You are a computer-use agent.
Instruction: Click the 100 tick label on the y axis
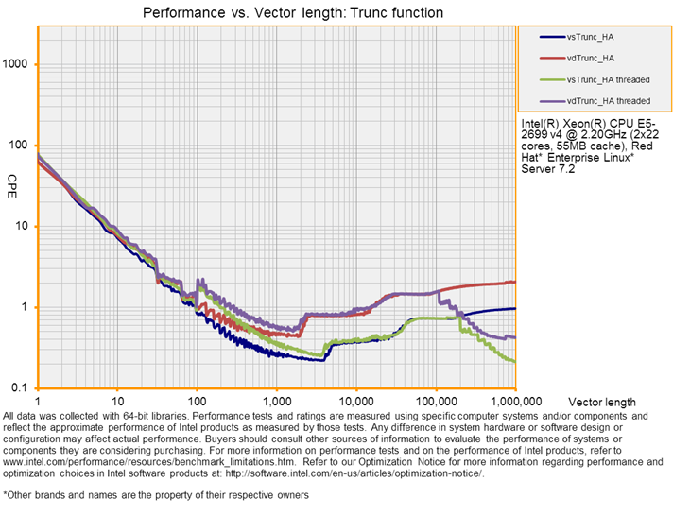[x=19, y=146]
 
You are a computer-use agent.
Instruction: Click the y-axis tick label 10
[x=22, y=227]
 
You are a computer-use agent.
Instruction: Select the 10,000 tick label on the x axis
[x=354, y=402]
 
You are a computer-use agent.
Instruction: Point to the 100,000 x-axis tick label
[x=435, y=402]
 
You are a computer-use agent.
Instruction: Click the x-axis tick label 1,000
[x=276, y=402]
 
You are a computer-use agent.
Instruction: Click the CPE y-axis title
[x=12, y=181]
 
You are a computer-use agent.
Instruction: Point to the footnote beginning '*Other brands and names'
[x=155, y=494]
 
